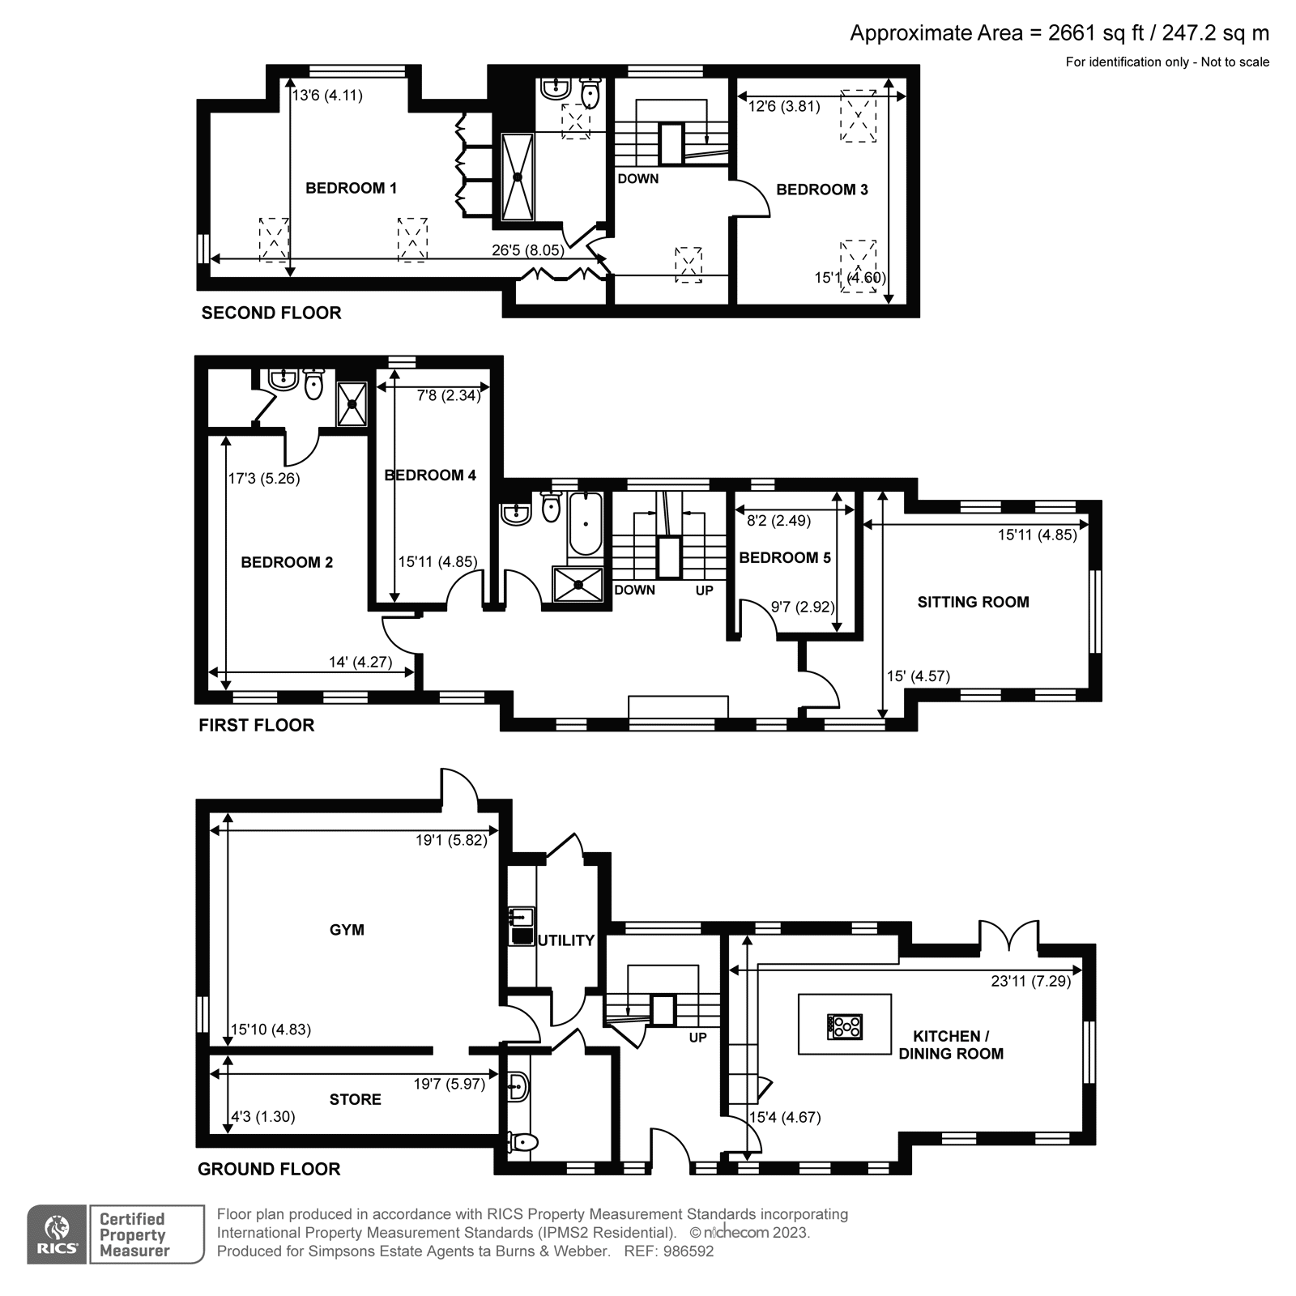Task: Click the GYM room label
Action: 347,930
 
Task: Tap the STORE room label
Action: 355,1099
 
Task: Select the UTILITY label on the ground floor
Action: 567,940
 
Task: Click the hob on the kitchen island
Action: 845,1026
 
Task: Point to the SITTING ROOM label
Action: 973,602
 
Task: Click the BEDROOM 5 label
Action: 785,557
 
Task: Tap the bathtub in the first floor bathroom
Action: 585,524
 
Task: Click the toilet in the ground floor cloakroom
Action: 523,1142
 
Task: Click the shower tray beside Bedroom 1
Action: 518,177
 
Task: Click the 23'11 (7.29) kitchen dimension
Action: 1030,981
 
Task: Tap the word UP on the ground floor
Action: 698,1038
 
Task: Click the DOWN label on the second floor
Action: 638,178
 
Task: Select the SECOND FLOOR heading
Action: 271,313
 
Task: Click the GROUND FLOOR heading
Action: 269,1169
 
